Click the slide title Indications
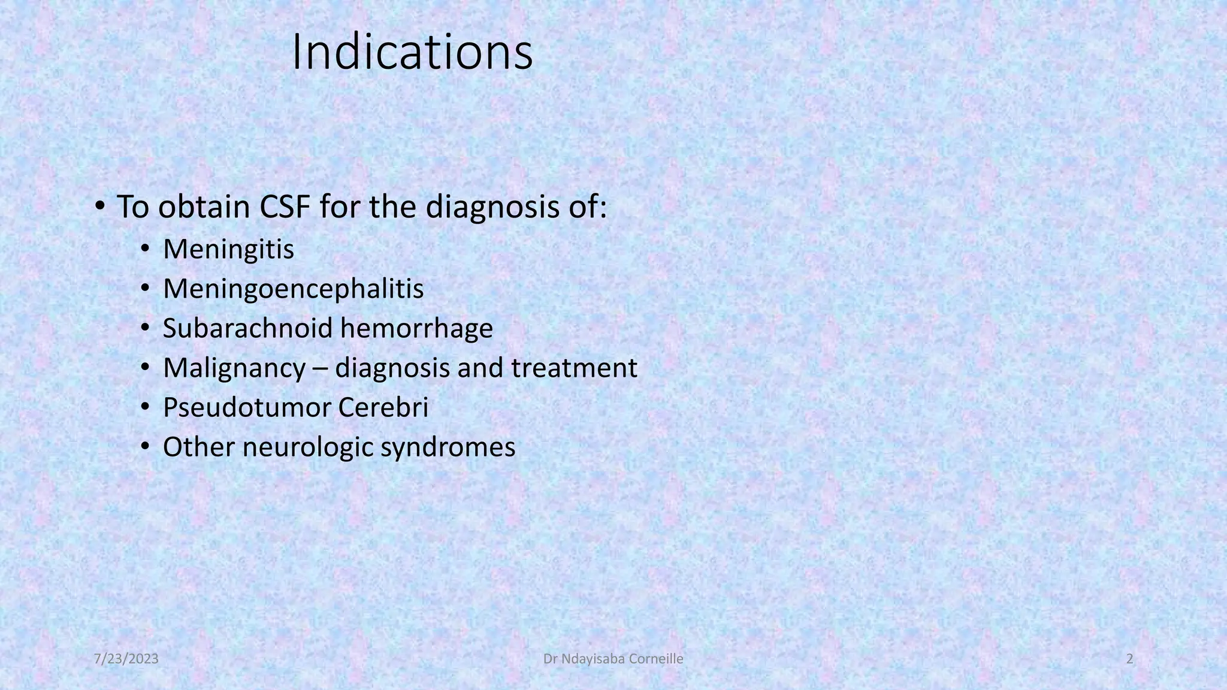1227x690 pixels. coord(412,53)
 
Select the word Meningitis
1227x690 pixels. coord(228,249)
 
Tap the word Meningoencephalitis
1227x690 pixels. coord(293,289)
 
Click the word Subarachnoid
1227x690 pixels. coord(247,328)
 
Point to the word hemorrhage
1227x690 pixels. coord(416,328)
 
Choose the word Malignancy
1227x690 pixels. coord(234,368)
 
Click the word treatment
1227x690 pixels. coord(574,368)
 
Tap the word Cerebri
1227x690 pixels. coord(383,407)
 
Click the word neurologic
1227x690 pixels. coord(308,447)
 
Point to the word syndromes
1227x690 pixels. coord(448,447)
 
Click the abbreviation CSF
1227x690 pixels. coord(284,207)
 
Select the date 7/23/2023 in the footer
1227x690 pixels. coord(126,659)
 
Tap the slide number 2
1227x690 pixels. coord(1130,659)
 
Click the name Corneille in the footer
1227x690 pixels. coord(655,659)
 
